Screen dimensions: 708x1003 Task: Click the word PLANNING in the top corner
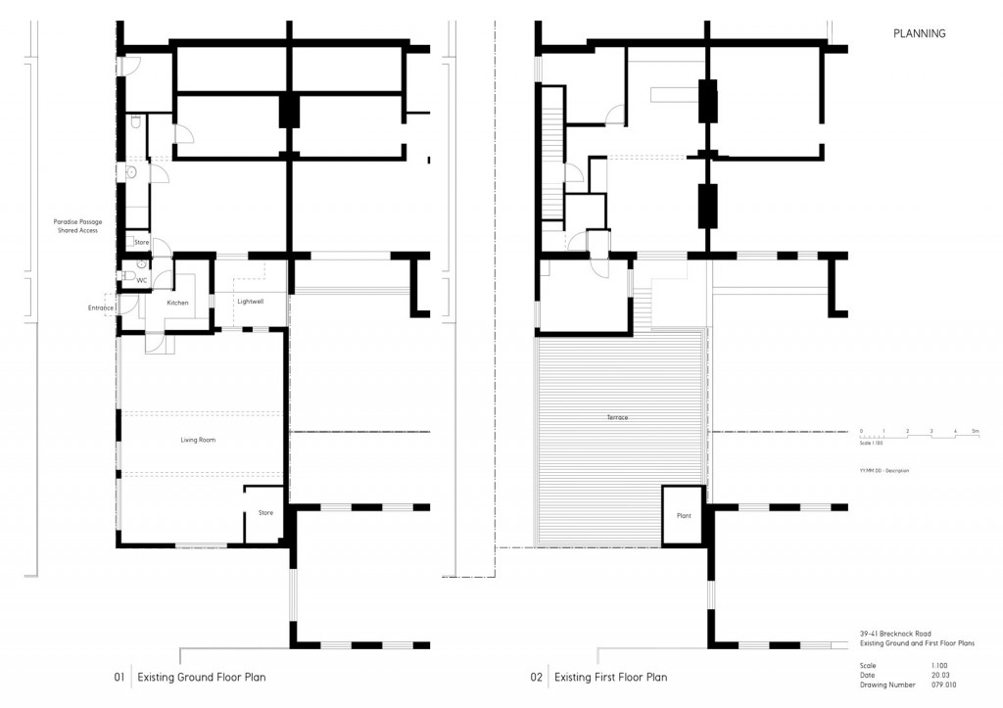pos(919,34)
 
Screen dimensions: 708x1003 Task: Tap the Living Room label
pos(198,441)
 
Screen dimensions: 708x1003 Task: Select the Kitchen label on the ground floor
pos(177,304)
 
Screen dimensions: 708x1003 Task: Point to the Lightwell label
pos(251,301)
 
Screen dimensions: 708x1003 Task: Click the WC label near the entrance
pos(141,281)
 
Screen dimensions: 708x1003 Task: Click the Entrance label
pos(101,307)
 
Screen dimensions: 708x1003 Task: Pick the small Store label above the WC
pos(141,242)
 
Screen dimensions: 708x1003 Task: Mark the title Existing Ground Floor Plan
pos(201,677)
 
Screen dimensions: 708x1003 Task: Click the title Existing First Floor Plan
pos(611,677)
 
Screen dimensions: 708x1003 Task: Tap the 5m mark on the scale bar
pos(976,431)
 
